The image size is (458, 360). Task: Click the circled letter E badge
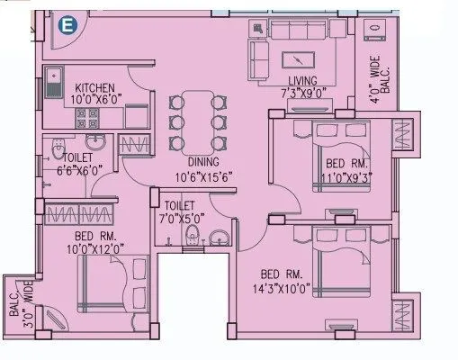tap(64, 27)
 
